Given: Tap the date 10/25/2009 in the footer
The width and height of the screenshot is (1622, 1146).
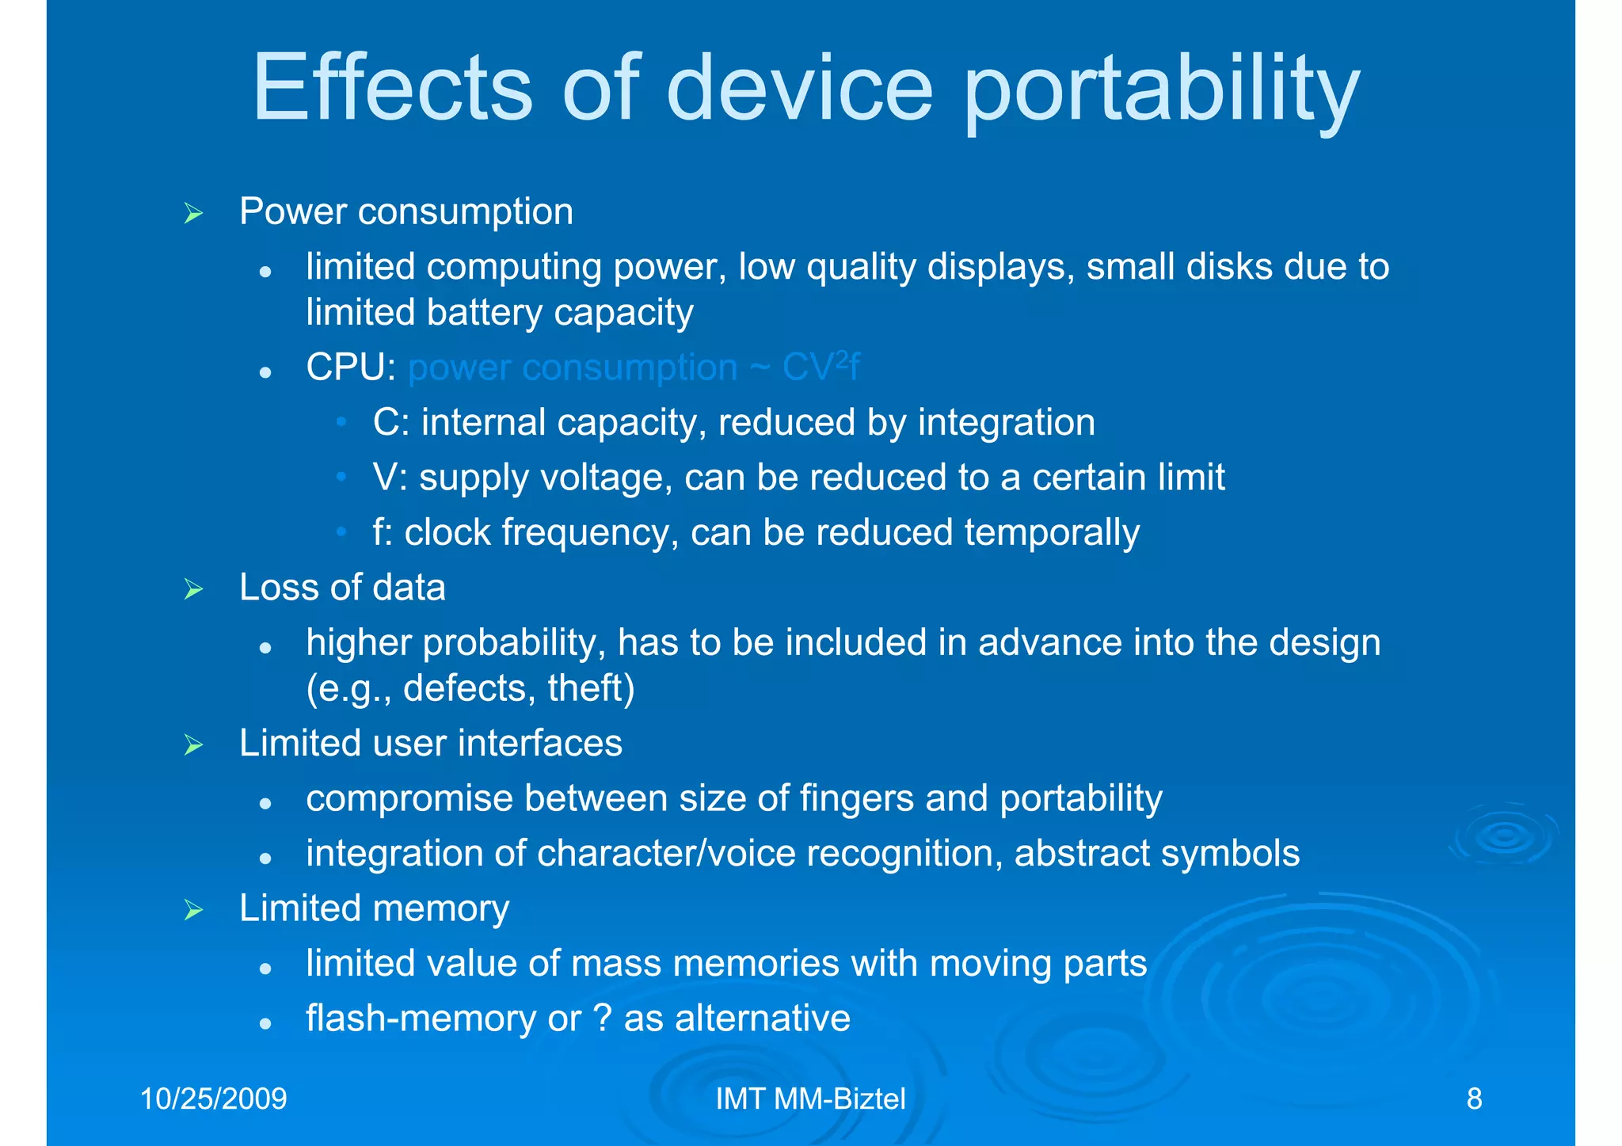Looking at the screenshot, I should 213,1099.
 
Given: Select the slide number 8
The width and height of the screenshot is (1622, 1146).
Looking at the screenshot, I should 1474,1099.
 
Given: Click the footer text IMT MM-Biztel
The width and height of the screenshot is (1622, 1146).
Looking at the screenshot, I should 810,1099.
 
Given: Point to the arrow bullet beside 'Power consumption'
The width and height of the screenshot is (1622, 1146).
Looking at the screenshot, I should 193,213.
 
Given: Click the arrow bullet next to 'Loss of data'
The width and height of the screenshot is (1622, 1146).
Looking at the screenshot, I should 193,589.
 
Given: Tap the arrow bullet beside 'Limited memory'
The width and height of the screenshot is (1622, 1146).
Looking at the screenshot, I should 193,910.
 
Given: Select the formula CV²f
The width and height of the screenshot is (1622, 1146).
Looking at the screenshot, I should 821,367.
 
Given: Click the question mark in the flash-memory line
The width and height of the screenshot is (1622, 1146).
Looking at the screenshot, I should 602,1018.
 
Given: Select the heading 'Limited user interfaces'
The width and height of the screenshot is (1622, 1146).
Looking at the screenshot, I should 431,744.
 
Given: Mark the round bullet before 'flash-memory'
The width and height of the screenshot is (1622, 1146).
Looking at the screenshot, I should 266,1023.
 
